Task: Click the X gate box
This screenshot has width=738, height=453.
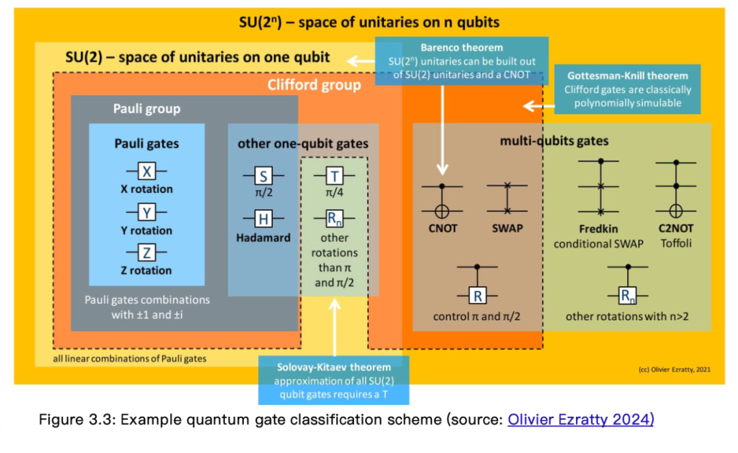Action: [x=146, y=171]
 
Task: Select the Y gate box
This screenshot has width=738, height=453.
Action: [x=146, y=213]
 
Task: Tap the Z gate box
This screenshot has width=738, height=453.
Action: [x=146, y=253]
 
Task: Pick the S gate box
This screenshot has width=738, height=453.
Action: [x=263, y=176]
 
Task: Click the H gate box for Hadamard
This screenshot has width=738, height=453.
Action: [x=263, y=219]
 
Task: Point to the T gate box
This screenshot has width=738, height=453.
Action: [x=334, y=176]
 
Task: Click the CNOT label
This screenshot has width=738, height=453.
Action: [x=442, y=229]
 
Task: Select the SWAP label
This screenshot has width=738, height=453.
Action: [x=507, y=229]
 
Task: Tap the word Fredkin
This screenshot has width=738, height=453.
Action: [x=598, y=229]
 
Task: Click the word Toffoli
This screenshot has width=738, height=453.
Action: [x=676, y=243]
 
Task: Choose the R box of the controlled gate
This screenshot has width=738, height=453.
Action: [x=477, y=296]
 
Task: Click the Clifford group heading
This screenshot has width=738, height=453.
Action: [x=314, y=85]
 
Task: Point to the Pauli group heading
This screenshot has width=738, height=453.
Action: [x=147, y=109]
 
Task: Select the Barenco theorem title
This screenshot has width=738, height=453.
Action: [x=462, y=48]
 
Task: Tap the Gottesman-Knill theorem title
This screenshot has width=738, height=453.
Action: [x=627, y=76]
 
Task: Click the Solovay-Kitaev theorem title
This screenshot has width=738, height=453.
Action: [x=333, y=367]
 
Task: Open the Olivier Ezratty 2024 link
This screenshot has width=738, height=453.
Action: [x=580, y=419]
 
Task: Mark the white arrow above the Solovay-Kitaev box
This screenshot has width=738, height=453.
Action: [x=335, y=327]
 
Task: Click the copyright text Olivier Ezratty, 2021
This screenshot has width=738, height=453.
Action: [x=674, y=370]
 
